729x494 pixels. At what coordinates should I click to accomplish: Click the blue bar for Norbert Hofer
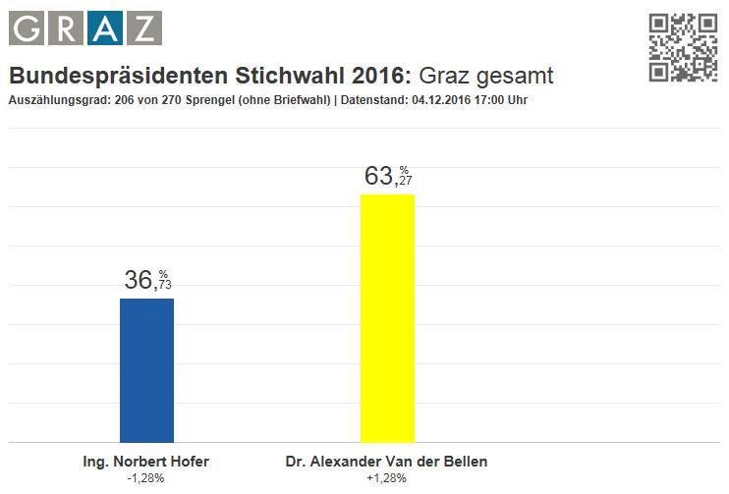[146, 369]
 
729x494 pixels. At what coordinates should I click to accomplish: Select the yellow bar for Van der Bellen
[387, 318]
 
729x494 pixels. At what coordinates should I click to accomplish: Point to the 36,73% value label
[146, 280]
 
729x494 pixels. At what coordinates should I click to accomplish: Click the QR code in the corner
[684, 47]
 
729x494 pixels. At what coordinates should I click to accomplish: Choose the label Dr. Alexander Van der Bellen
[386, 462]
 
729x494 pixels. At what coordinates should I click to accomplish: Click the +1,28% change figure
[387, 478]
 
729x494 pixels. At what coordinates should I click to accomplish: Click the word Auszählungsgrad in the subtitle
[55, 100]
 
